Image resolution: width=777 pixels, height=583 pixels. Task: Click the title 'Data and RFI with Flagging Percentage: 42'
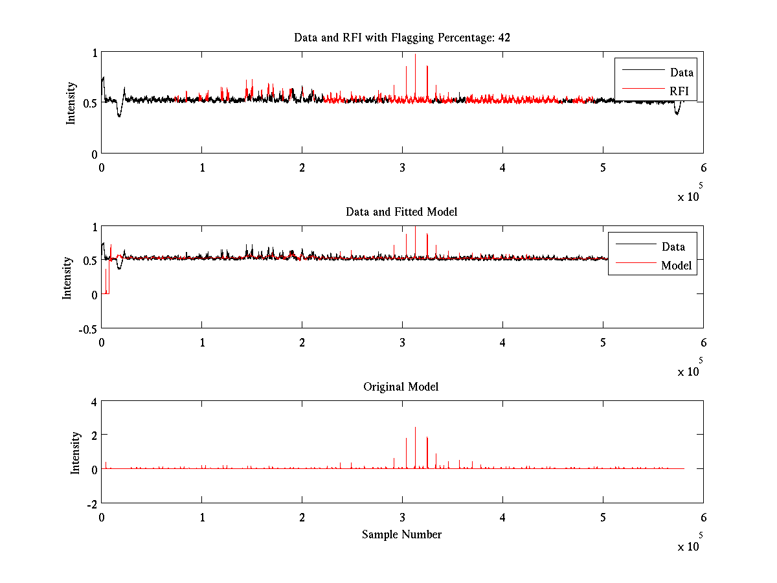tap(401, 38)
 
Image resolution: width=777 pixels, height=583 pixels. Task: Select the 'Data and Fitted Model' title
tap(401, 212)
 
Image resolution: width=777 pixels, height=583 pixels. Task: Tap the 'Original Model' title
tap(401, 387)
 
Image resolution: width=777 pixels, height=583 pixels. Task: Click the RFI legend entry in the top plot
tap(679, 91)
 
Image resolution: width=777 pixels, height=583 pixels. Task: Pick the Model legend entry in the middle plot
tap(676, 266)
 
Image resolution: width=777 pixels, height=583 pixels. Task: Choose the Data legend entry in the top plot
tap(681, 73)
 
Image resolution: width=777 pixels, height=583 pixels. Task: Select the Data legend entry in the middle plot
tap(673, 247)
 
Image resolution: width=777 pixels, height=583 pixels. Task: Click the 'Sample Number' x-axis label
tap(401, 534)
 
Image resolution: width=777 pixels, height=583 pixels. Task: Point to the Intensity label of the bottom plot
tap(76, 453)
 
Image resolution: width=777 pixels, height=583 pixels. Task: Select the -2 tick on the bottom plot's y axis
tap(92, 503)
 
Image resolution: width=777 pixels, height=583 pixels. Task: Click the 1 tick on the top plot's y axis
tap(95, 54)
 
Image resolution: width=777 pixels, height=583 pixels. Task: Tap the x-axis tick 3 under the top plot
tap(402, 167)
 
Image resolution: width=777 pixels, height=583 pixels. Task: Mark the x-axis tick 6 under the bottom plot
tap(703, 517)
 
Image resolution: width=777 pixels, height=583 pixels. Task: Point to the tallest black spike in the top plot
tap(415, 56)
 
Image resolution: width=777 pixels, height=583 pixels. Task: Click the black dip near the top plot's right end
tap(677, 112)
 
